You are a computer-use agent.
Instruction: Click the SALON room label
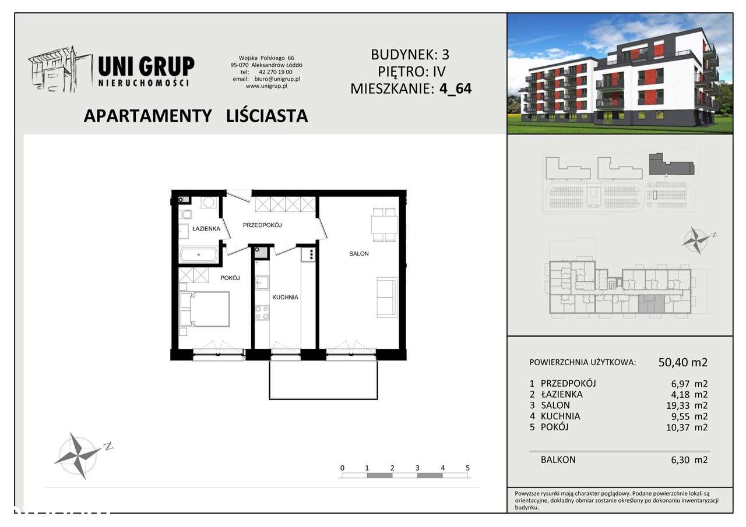tap(359, 254)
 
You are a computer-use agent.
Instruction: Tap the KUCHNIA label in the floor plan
tap(285, 297)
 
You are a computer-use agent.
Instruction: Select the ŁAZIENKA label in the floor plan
tap(206, 229)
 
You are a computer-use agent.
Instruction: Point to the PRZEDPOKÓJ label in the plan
tap(262, 225)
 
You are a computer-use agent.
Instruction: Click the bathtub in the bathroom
tap(199, 254)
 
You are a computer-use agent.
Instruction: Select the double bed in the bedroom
tap(205, 309)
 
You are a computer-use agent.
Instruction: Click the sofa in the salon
tap(386, 296)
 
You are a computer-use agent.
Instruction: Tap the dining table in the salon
tap(384, 224)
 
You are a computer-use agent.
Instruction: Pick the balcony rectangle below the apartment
tap(323, 380)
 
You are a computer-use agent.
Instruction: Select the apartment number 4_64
tap(456, 89)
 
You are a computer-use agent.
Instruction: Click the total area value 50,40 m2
tap(682, 362)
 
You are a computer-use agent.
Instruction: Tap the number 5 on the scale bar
tap(467, 468)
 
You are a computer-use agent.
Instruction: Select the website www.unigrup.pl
tap(266, 86)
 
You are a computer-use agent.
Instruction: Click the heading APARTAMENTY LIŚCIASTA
tap(196, 116)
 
